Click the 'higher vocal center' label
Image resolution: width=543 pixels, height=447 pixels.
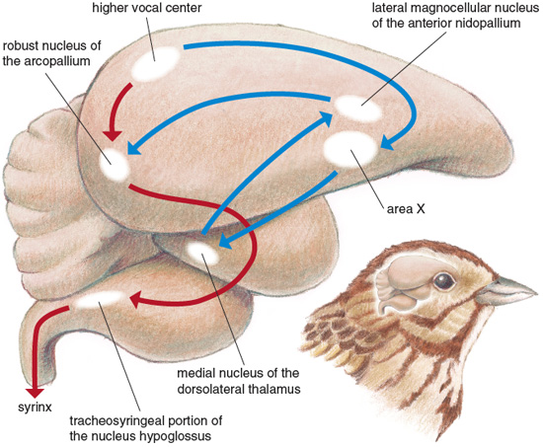(x=147, y=8)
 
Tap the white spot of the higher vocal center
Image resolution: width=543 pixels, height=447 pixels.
(x=155, y=63)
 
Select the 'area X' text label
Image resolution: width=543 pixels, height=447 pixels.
(x=406, y=209)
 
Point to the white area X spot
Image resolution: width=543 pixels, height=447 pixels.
(x=350, y=149)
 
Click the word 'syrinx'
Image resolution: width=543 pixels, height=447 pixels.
(x=35, y=407)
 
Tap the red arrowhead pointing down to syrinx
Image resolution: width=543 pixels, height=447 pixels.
(x=35, y=394)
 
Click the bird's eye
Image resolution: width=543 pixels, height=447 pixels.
(x=444, y=281)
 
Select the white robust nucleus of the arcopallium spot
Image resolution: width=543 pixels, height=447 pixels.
(x=114, y=164)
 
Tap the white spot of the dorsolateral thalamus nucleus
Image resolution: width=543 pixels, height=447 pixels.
(x=202, y=254)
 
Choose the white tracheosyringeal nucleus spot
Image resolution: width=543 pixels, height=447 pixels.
(x=100, y=300)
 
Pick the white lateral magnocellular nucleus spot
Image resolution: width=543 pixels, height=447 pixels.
(x=358, y=109)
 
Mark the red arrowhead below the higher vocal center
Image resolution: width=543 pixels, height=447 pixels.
(x=112, y=136)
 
